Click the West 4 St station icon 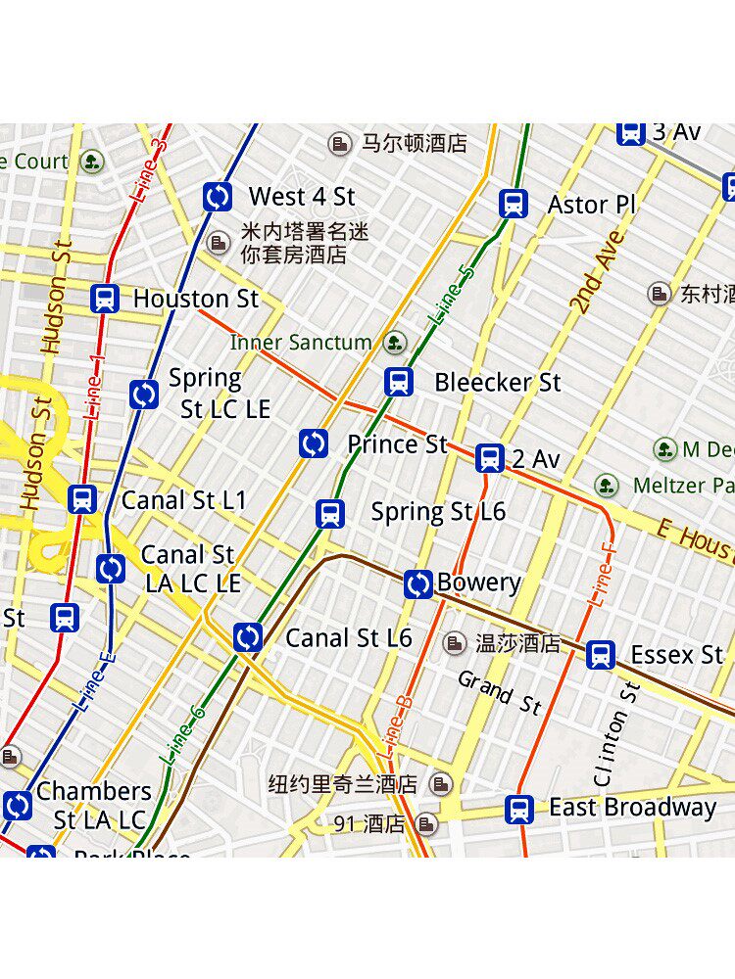coord(218,197)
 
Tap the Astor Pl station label coord(591,205)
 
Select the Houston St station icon coord(105,299)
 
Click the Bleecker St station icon coord(399,382)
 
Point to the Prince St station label coord(397,444)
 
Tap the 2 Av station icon coord(490,458)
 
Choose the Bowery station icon coord(418,584)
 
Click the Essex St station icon coord(601,655)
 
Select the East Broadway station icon coord(519,809)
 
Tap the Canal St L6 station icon coord(248,638)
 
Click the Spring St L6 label coord(438,511)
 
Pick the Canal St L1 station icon coord(83,499)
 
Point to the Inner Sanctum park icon coord(394,343)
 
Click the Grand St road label coord(500,692)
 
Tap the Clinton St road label coord(614,734)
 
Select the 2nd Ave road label coord(598,272)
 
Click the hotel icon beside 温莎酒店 coord(455,643)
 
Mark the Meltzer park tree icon coord(607,486)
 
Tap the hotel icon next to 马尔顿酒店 coord(340,144)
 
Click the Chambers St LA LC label coord(95,805)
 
